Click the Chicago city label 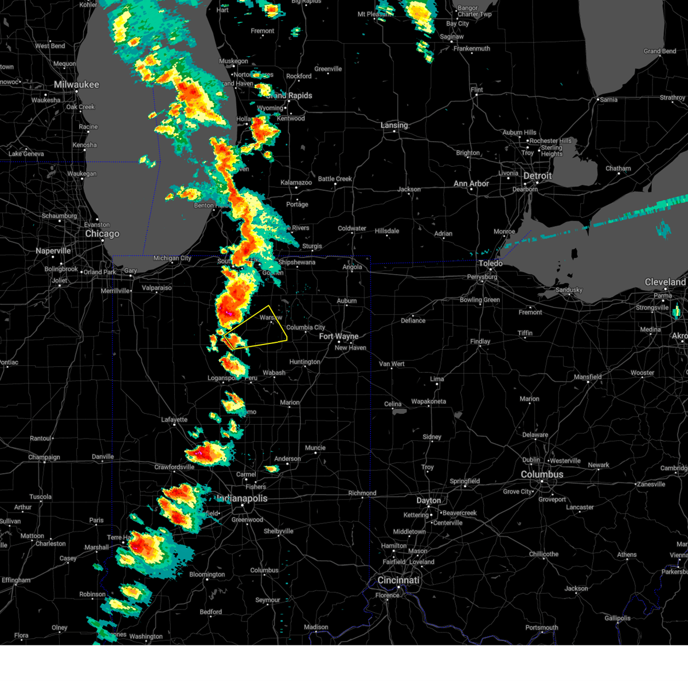pos(102,234)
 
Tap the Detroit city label pos(537,176)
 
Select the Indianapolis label pos(242,498)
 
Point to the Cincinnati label pos(398,580)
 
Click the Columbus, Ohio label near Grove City pos(542,474)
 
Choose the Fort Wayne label pos(338,337)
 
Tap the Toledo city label pos(490,263)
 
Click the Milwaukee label pos(76,85)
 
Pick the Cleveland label pos(665,282)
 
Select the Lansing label pos(394,125)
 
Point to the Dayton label pos(429,501)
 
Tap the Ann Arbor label pos(471,183)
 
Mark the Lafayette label pos(174,420)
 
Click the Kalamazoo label pos(296,183)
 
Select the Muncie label pos(315,448)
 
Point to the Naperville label pos(53,251)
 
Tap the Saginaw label pos(452,37)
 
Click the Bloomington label pos(207,574)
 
